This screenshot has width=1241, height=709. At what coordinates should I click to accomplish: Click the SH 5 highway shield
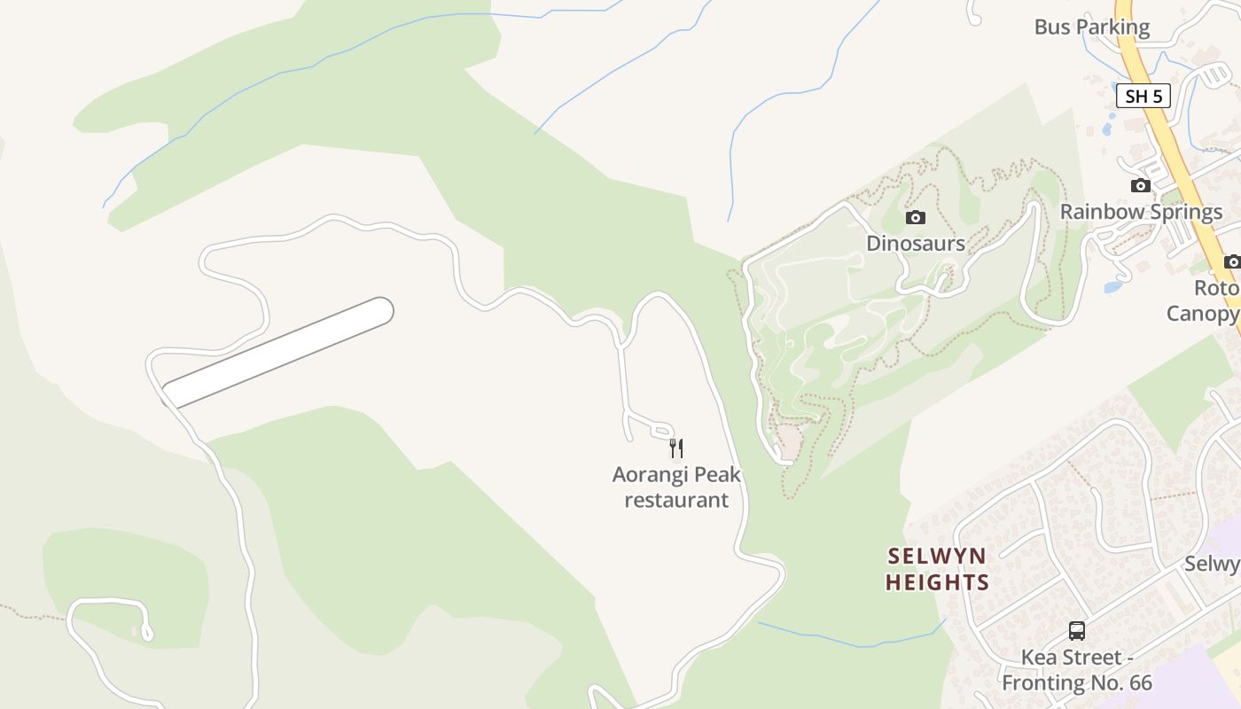click(x=1143, y=96)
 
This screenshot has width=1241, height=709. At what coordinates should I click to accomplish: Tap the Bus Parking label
click(x=1091, y=27)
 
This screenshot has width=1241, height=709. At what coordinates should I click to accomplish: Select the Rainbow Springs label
click(x=1141, y=212)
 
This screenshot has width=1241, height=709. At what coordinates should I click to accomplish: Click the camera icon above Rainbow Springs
click(x=1141, y=185)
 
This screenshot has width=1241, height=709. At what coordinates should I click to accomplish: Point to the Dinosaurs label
click(x=916, y=243)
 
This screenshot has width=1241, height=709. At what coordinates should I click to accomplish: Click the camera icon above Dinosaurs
click(x=916, y=217)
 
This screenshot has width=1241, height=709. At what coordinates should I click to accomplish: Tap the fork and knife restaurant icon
click(x=676, y=448)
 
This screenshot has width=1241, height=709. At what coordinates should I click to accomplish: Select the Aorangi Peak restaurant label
click(x=676, y=487)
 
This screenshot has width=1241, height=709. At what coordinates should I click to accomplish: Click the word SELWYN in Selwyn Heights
click(x=936, y=557)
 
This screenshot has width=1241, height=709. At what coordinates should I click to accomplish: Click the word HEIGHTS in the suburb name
click(x=936, y=582)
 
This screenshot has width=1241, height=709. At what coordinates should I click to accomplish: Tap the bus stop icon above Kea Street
click(x=1076, y=631)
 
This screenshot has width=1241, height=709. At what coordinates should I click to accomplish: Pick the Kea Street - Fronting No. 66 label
click(x=1076, y=670)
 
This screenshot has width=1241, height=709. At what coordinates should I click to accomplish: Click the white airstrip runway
click(x=277, y=353)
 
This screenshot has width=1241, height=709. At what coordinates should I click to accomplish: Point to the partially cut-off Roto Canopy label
click(x=1206, y=301)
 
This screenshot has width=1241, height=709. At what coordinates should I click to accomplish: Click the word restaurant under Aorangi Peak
click(x=676, y=500)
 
